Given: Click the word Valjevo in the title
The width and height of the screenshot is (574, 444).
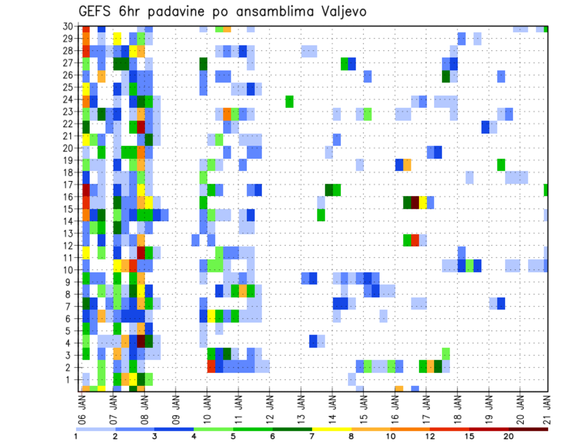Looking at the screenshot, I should (x=341, y=11).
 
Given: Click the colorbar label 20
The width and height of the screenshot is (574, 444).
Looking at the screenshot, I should (x=509, y=436).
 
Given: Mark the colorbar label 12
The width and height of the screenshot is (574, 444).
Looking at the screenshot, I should (x=430, y=436).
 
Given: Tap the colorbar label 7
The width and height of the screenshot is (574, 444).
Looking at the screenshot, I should (x=312, y=436).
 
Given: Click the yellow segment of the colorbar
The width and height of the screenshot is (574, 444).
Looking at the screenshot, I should (x=332, y=428).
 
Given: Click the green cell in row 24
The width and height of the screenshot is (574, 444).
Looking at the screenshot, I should (x=289, y=101).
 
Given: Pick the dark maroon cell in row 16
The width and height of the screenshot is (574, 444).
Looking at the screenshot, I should (x=415, y=202).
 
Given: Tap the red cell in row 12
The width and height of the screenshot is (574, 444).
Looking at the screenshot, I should (x=415, y=239).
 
